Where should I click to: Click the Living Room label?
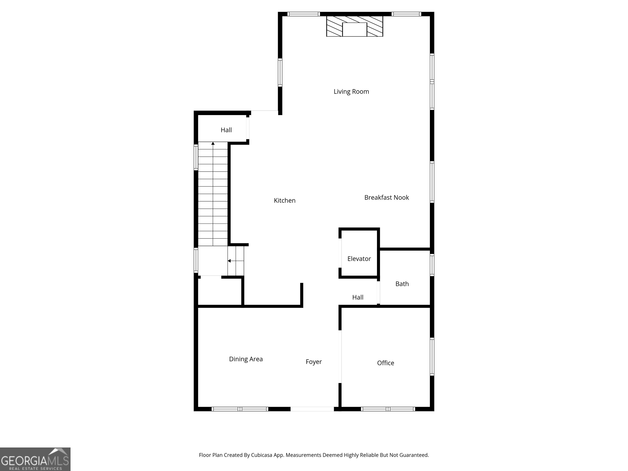point(351,91)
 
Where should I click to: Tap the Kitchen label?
point(285,200)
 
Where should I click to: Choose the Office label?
point(385,363)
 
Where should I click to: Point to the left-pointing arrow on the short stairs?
point(229,261)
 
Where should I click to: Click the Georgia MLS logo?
point(35,459)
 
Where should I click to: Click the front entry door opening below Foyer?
point(312,409)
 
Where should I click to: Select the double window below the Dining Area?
point(240,409)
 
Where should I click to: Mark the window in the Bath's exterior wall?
point(432,265)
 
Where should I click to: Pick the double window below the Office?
point(388,409)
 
